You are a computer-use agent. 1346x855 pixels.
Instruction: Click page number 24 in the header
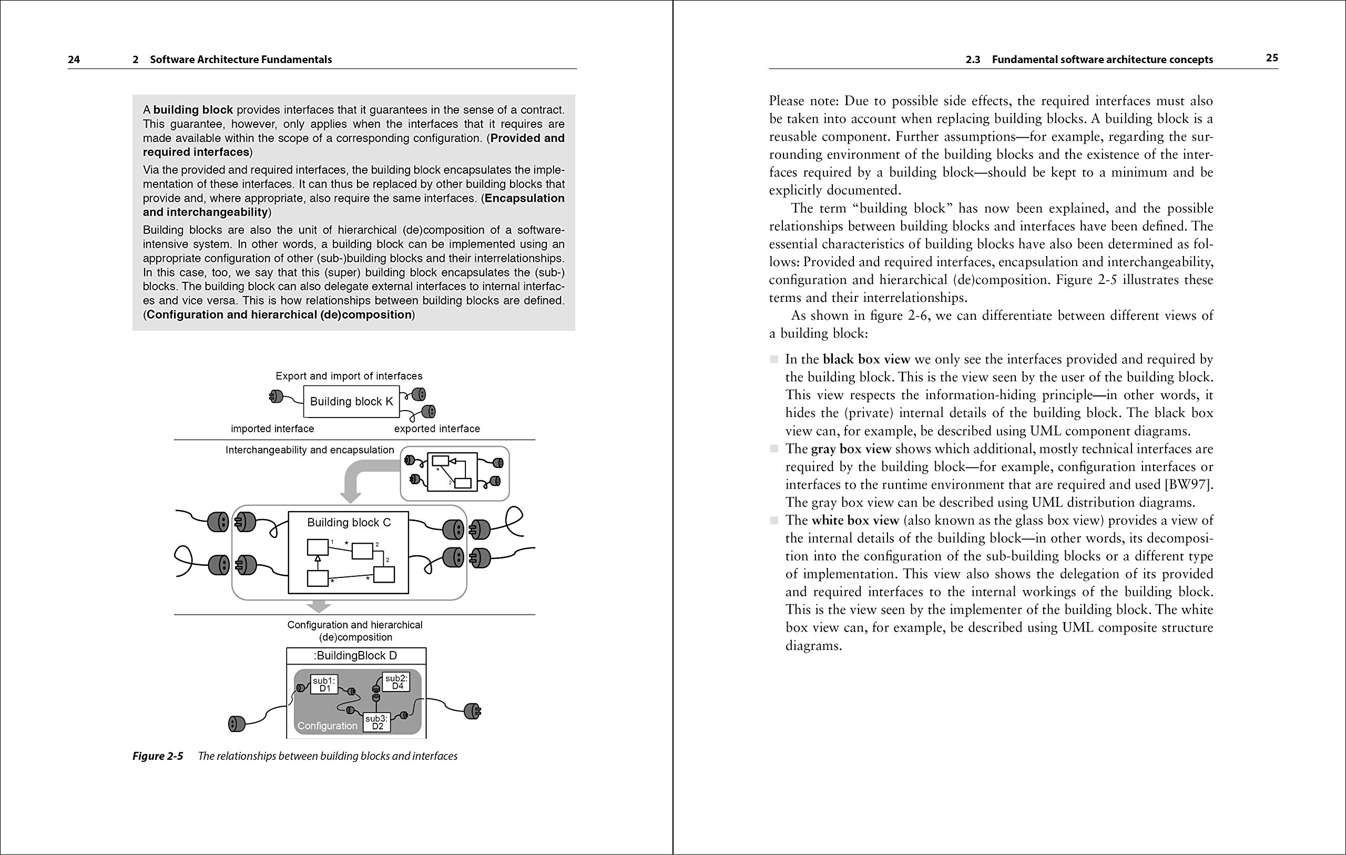[x=74, y=59]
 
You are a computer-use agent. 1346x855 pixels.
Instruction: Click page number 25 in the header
[x=1272, y=58]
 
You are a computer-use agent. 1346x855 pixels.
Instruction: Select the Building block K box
[x=351, y=402]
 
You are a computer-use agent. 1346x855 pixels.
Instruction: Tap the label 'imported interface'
[x=272, y=429]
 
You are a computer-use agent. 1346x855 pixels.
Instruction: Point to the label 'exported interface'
[x=436, y=429]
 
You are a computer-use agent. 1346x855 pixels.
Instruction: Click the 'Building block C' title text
[x=349, y=522]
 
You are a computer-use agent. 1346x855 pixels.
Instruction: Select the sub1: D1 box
[x=324, y=685]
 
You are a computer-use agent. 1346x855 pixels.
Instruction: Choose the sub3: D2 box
[x=377, y=722]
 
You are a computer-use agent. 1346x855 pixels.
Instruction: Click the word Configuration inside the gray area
[x=327, y=726]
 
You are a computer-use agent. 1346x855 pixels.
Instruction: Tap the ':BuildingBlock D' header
[x=355, y=656]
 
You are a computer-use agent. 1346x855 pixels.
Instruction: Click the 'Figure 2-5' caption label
[x=158, y=756]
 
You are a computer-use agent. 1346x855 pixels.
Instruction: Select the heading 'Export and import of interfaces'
[x=349, y=376]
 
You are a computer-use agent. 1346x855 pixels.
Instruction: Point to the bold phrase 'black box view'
[x=866, y=359]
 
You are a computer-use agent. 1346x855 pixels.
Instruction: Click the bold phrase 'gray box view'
[x=850, y=449]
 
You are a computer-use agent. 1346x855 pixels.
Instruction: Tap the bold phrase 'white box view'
[x=855, y=520]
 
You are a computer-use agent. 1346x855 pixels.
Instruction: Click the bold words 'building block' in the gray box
[x=193, y=109]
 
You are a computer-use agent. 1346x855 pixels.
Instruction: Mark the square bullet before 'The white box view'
[x=773, y=521]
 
